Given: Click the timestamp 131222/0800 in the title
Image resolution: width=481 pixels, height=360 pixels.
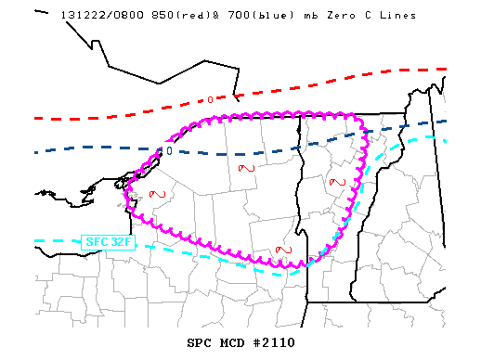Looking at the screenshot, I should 98,16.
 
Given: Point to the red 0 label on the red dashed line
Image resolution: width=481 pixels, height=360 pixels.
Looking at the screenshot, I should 210,99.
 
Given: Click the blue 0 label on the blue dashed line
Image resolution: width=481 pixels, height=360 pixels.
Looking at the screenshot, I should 169,150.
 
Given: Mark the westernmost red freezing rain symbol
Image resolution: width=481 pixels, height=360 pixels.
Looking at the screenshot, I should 158,193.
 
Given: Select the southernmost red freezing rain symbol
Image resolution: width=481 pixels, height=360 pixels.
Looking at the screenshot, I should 285,249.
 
